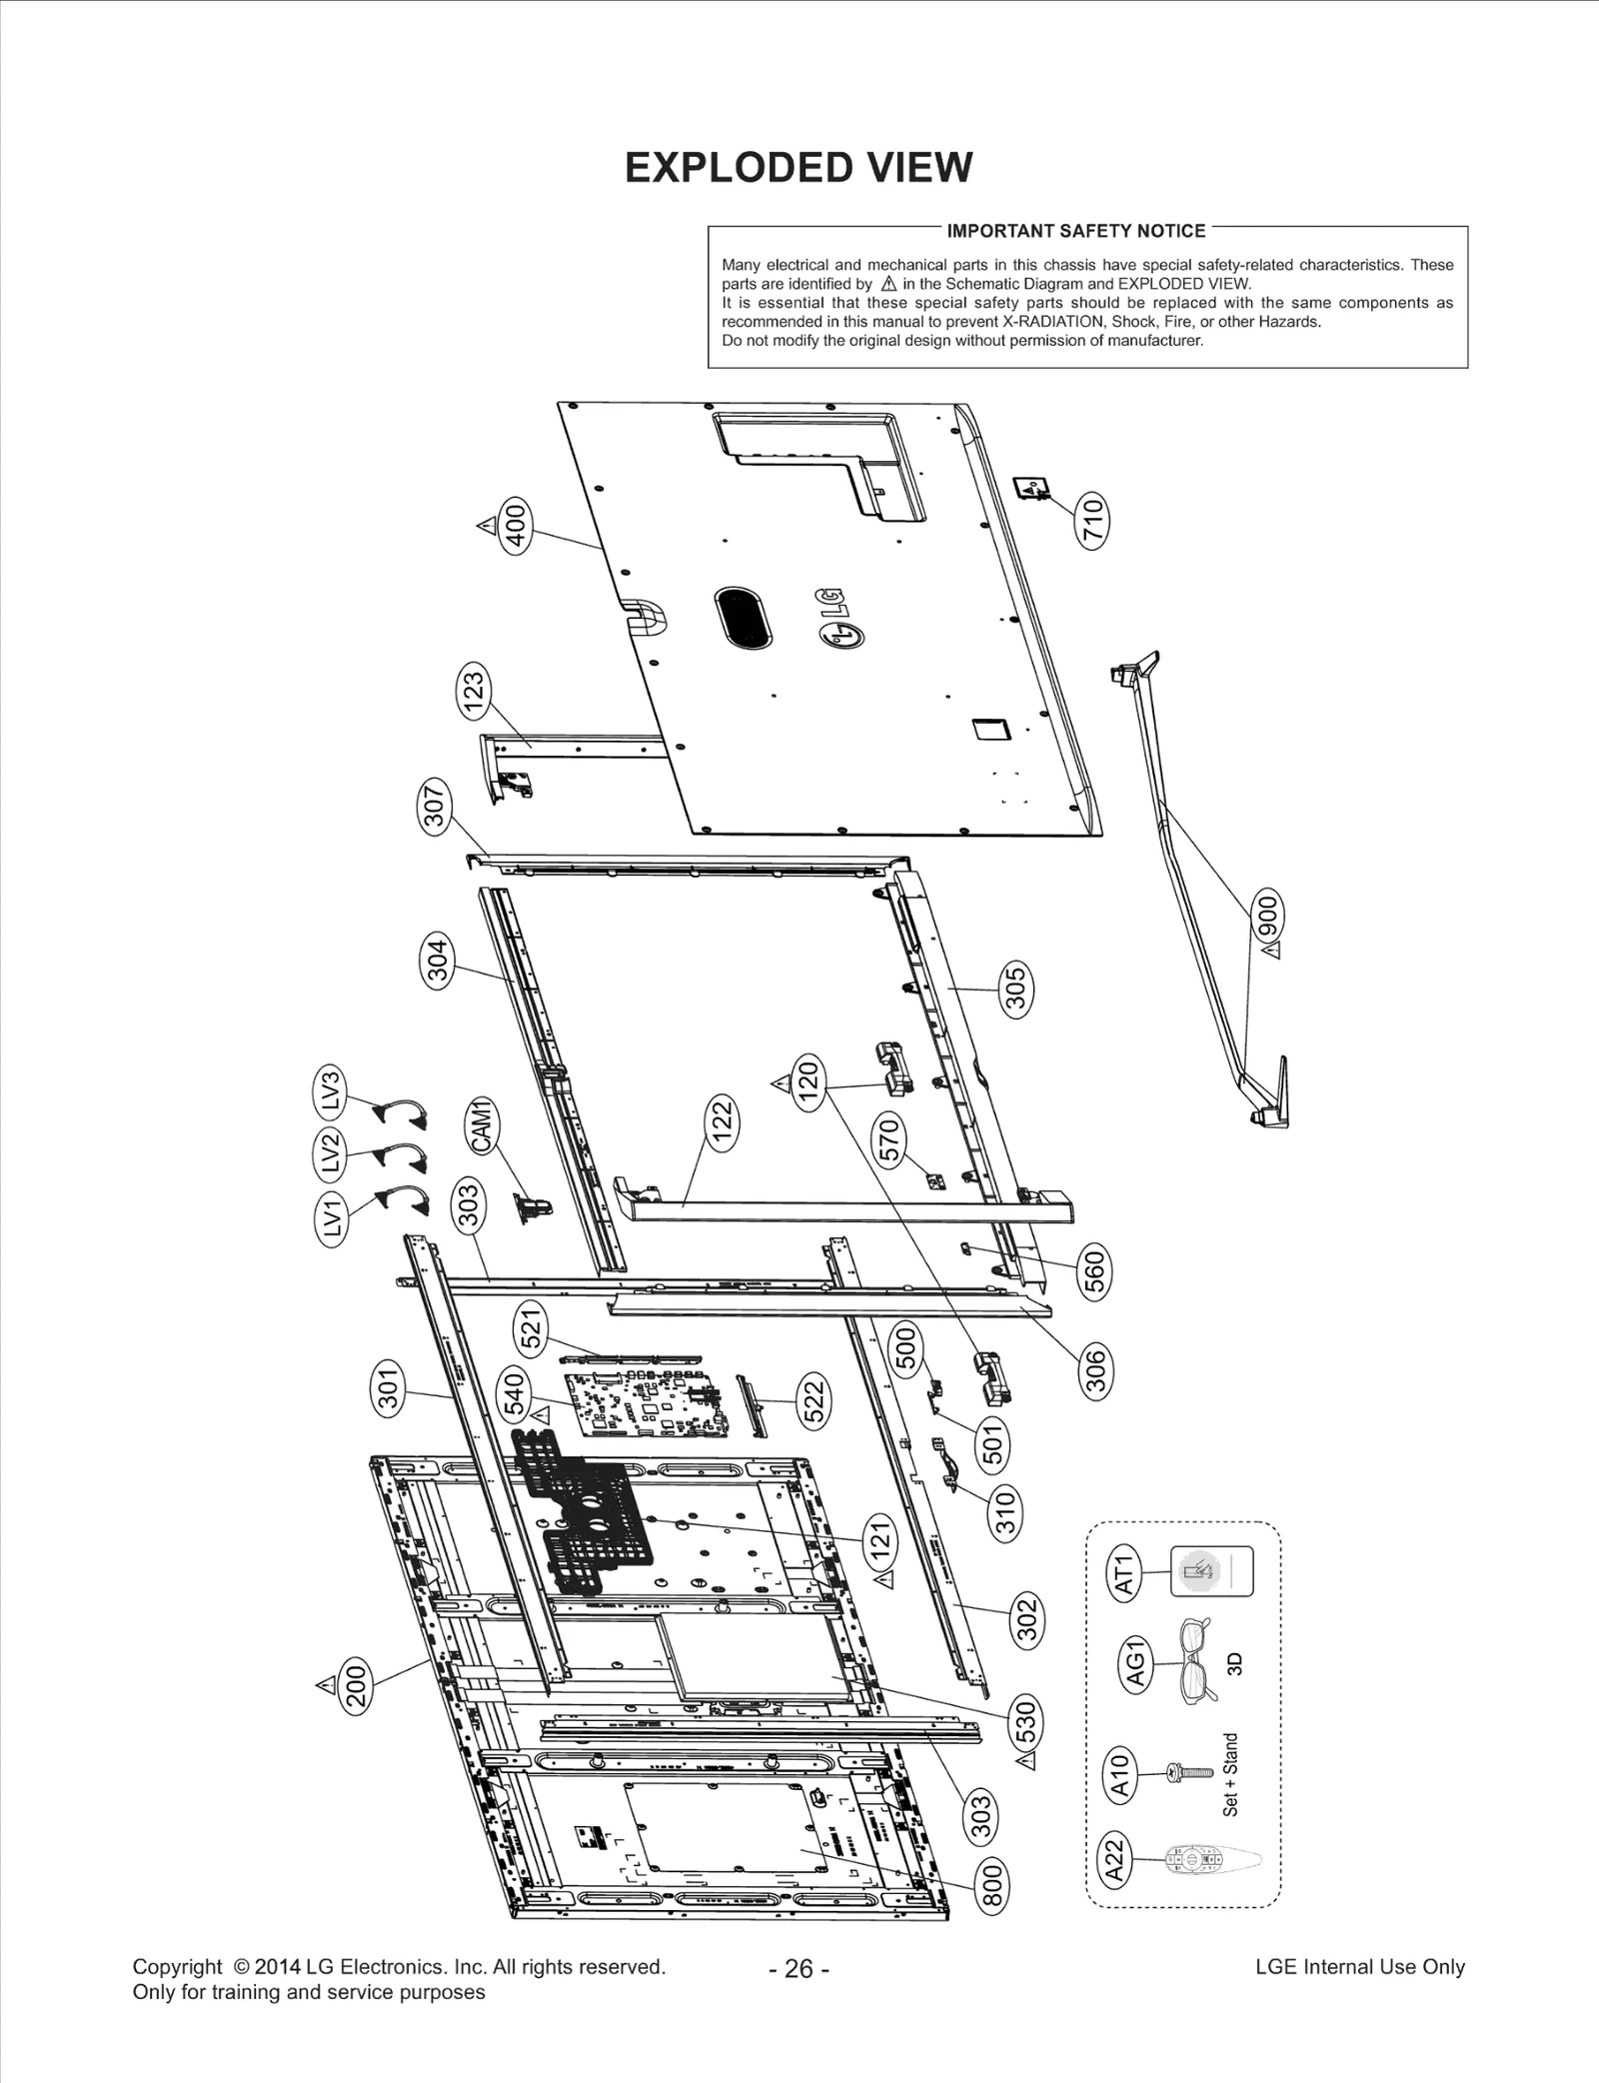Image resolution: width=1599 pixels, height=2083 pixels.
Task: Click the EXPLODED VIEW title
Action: (798, 168)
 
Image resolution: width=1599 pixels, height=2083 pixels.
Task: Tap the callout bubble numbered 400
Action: (516, 524)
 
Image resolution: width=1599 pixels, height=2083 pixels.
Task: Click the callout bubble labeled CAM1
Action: (483, 1125)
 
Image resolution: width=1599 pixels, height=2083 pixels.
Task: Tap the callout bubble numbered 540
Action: (513, 1394)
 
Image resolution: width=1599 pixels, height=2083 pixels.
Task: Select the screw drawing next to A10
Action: (1189, 1772)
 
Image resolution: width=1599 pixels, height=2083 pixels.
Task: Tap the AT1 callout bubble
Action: (1125, 1573)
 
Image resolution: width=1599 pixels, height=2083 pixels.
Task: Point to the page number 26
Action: (799, 1968)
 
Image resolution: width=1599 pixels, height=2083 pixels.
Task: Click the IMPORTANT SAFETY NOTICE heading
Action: (1075, 231)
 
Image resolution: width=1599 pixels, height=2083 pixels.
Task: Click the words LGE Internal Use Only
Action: (1359, 1966)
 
